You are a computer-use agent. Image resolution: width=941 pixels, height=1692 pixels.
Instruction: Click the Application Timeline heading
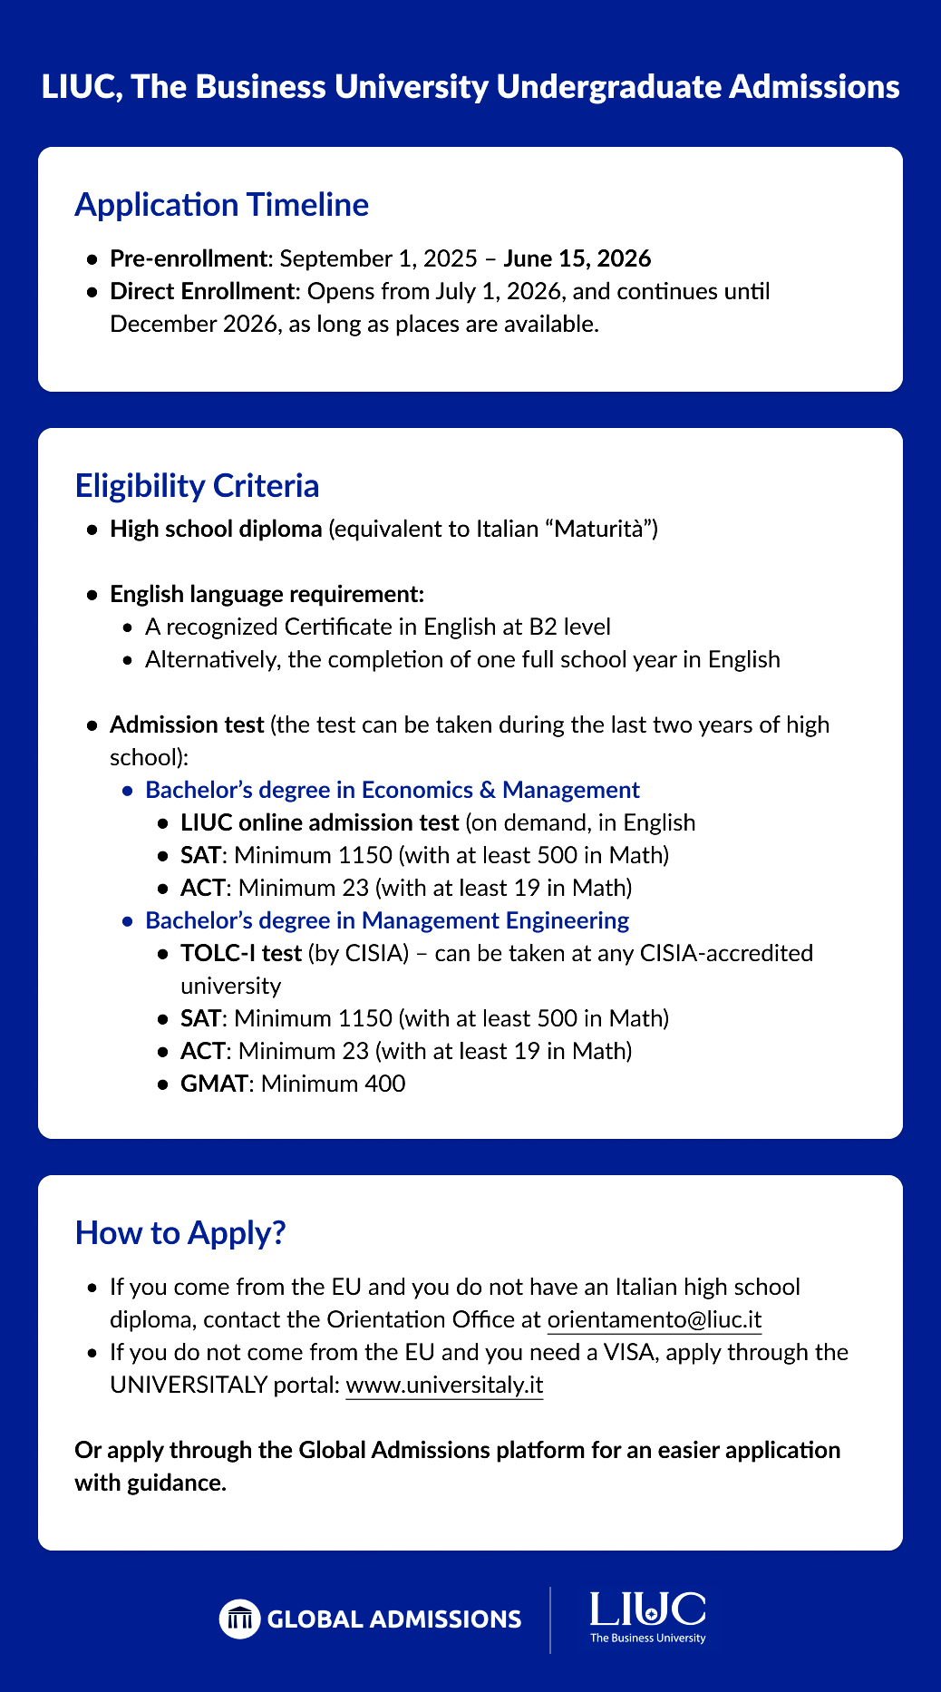tap(221, 205)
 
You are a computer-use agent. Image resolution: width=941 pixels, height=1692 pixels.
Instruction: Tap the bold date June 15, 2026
tap(577, 258)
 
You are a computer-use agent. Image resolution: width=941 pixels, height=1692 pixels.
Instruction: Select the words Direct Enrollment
tap(203, 291)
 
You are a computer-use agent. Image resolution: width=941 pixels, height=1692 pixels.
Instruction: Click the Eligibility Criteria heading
tap(197, 486)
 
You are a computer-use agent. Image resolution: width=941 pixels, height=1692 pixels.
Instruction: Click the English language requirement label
tap(267, 594)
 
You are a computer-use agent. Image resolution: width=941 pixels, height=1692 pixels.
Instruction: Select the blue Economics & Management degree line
tap(392, 790)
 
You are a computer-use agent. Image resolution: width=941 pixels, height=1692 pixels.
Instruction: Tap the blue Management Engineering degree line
tap(386, 920)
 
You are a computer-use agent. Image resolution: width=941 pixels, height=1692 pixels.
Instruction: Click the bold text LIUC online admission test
tap(319, 822)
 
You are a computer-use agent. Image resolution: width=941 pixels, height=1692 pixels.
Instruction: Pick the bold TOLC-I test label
tap(240, 953)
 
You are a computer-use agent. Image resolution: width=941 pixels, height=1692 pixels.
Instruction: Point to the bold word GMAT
tap(213, 1084)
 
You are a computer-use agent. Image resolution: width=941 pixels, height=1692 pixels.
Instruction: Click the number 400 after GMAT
tap(385, 1084)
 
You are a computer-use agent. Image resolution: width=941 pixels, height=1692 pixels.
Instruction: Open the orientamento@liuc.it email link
tap(654, 1319)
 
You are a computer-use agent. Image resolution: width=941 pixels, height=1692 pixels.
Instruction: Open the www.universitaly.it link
tap(444, 1385)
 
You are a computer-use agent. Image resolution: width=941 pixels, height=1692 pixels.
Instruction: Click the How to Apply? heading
tap(180, 1233)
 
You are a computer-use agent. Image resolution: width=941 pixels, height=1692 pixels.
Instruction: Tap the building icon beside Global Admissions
tap(239, 1619)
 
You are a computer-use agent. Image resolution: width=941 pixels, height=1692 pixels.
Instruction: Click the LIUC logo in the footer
tap(647, 1617)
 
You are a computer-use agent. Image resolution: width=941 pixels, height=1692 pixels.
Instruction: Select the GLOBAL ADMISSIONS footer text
tap(394, 1619)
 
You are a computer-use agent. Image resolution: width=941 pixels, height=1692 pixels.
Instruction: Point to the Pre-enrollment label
tap(188, 258)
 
